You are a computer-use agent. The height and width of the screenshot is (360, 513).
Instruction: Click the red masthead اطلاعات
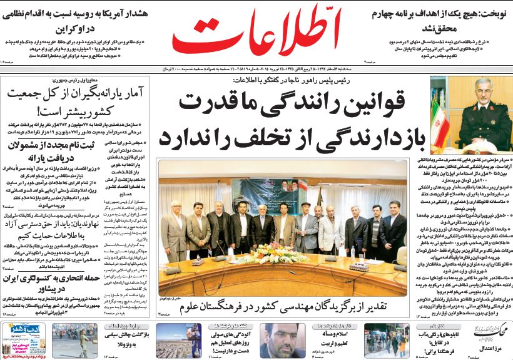click(256, 36)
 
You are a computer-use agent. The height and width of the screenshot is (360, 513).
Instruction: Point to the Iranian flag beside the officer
click(445, 119)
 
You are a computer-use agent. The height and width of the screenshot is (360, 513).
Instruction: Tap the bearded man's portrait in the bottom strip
click(283, 341)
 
